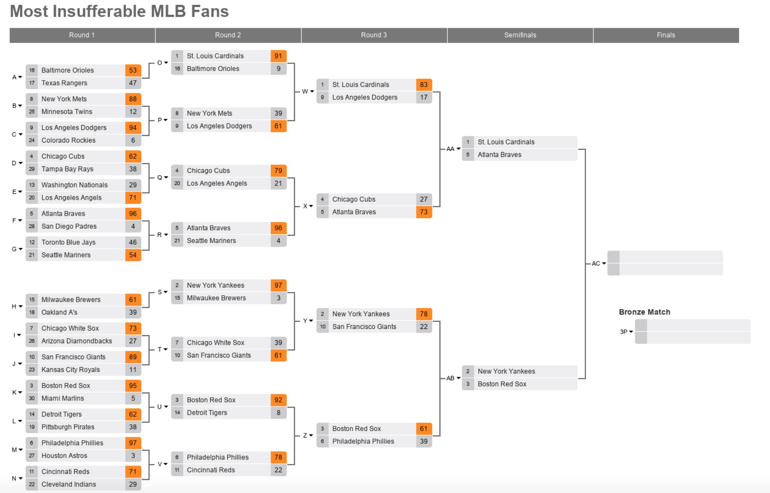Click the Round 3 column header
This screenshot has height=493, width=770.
(x=374, y=35)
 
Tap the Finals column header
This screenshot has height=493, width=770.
(x=666, y=35)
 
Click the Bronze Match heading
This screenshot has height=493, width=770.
(x=645, y=312)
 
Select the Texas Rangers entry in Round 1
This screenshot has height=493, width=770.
(x=64, y=83)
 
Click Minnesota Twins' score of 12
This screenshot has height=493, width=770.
(x=133, y=112)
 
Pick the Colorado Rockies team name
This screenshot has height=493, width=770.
(x=68, y=141)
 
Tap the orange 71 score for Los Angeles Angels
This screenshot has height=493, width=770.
(x=133, y=198)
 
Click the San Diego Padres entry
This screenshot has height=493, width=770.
(x=69, y=226)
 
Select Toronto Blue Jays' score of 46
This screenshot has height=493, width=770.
(x=133, y=242)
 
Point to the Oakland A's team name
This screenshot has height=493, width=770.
(x=59, y=312)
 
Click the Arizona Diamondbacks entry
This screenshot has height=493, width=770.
(x=77, y=341)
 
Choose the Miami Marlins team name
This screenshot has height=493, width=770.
(x=63, y=398)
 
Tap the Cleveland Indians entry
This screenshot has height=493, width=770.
(x=69, y=484)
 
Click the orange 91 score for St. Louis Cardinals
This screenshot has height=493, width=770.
(x=278, y=56)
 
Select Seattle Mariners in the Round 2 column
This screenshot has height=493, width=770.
(x=211, y=241)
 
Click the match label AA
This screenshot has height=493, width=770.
(x=450, y=149)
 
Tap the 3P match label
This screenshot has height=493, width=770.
(x=624, y=332)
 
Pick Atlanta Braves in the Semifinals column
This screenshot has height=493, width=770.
(x=500, y=155)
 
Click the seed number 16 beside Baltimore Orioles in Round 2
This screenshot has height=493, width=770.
(x=177, y=69)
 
